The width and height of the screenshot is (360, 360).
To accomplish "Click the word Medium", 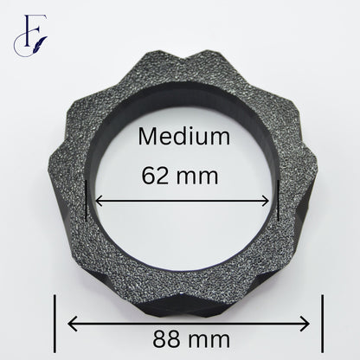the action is tap(184, 136).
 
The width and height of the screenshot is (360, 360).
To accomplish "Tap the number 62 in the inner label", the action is tap(155, 176).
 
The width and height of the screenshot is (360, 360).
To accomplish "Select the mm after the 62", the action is tap(197, 177).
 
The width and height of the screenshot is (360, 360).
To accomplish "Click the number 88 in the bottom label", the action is tap(166, 339).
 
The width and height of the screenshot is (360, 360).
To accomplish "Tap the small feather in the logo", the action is tap(42, 42).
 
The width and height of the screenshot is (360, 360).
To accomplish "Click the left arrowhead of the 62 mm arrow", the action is tap(99, 201).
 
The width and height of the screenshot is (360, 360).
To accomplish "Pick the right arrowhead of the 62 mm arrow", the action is tap(265, 201).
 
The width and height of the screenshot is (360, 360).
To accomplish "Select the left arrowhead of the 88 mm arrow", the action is tap(73, 324).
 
